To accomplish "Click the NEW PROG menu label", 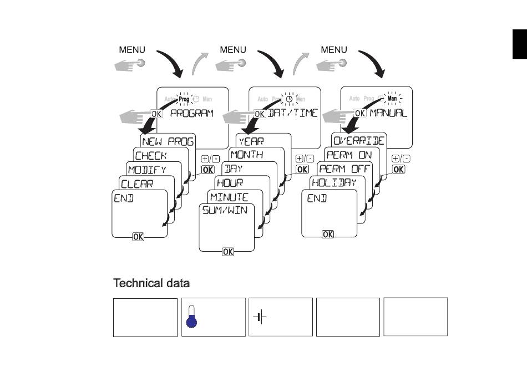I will click(x=168, y=141).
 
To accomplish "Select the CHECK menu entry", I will click(x=151, y=156).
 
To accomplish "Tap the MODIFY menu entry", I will click(x=146, y=169).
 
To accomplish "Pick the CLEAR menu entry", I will click(x=137, y=184).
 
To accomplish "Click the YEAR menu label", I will click(x=251, y=141).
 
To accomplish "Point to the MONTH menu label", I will click(x=246, y=155).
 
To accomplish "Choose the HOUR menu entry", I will click(x=230, y=182).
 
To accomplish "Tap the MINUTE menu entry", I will click(x=229, y=197).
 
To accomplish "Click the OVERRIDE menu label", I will click(x=359, y=141).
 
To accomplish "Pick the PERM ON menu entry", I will click(x=349, y=155).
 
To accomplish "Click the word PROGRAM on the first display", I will click(x=191, y=113).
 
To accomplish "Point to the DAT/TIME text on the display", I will click(x=292, y=113).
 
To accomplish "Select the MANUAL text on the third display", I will click(x=388, y=113).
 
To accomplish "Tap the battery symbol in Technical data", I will click(x=260, y=317).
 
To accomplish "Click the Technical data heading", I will click(x=151, y=283).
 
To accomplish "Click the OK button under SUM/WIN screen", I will click(x=228, y=252).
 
